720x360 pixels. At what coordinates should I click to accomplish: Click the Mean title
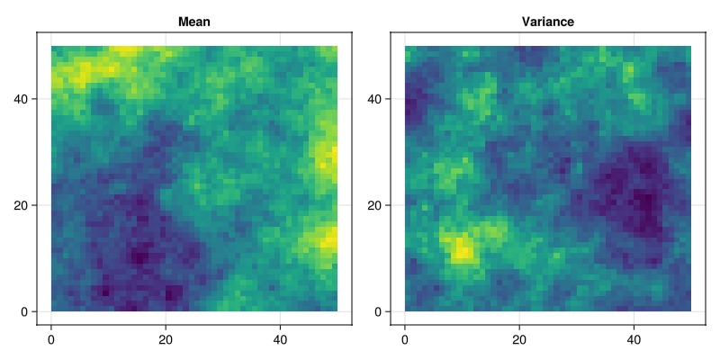[194, 22]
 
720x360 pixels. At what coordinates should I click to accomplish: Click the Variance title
[548, 22]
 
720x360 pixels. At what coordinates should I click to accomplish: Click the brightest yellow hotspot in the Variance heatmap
[462, 247]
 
